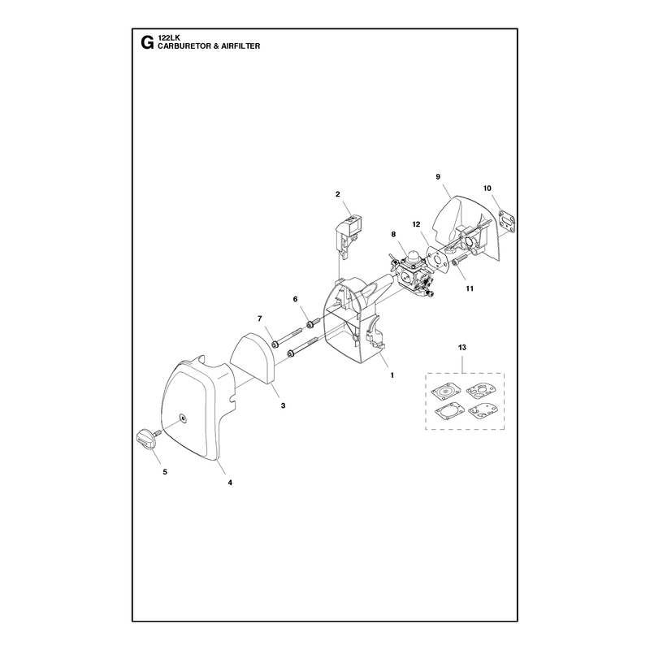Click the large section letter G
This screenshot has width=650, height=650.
pos(147,43)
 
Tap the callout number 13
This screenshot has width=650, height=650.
pos(461,348)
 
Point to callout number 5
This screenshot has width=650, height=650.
pos(165,472)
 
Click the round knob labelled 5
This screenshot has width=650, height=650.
pos(146,438)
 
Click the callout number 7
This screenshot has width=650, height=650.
pos(260,318)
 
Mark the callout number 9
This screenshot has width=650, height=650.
pos(438,177)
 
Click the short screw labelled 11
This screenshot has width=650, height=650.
pos(460,261)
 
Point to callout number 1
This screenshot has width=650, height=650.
pos(392,375)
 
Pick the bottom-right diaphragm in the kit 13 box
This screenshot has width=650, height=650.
pos(480,413)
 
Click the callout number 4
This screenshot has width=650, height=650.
pos(230,483)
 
